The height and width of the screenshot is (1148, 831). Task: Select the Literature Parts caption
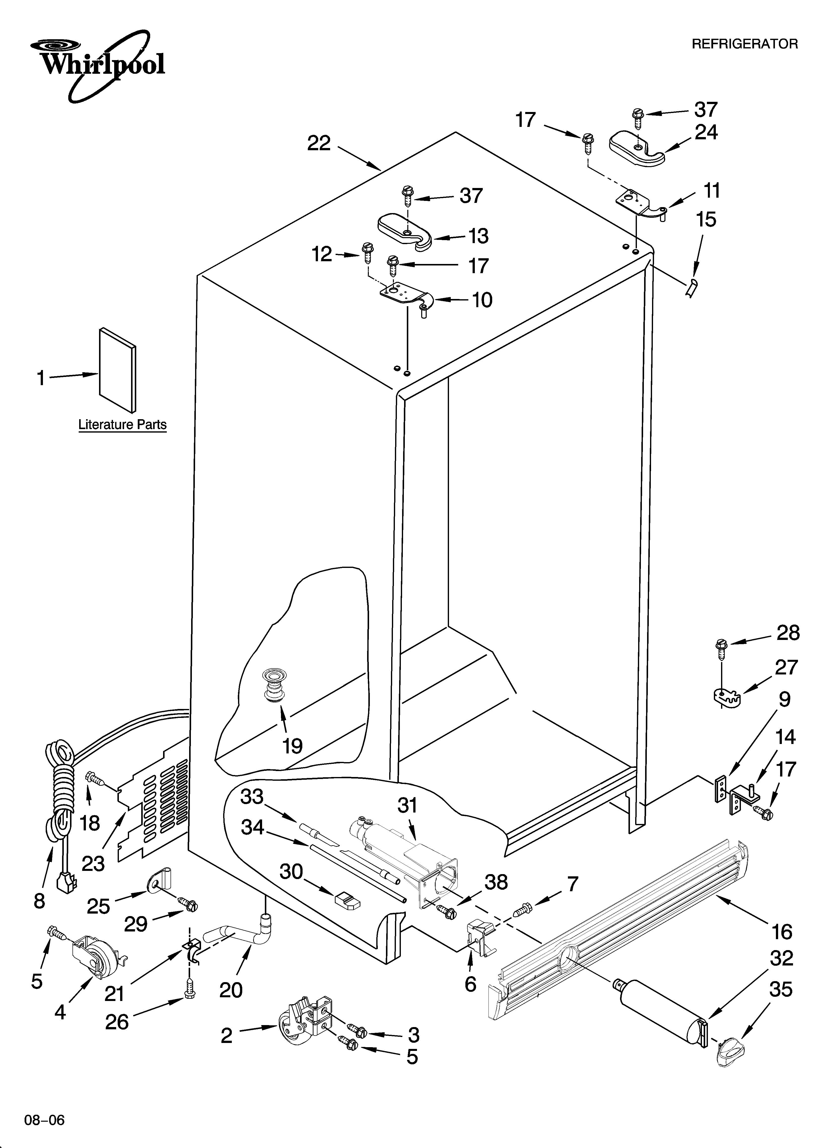point(122,424)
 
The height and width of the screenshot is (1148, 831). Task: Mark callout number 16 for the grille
point(782,931)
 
